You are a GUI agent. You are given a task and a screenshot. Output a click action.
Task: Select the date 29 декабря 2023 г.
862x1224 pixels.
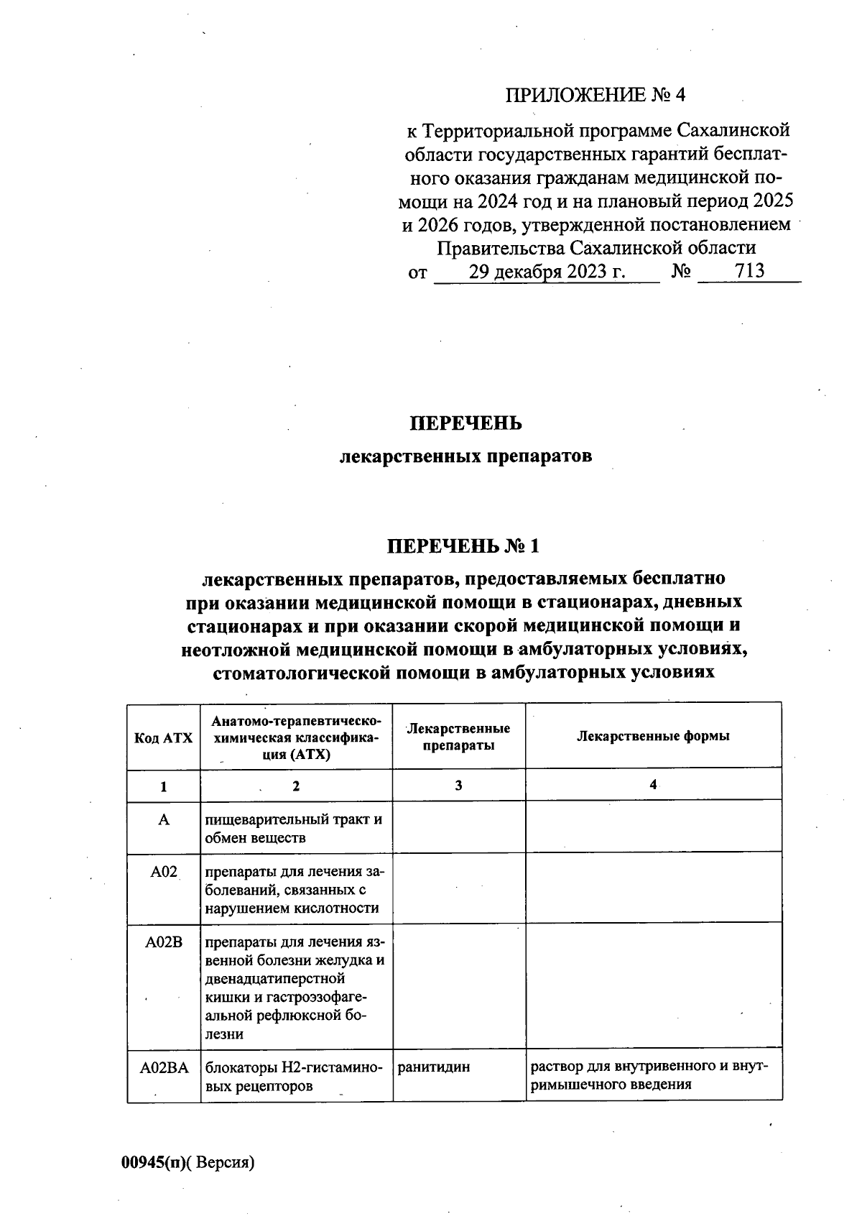(x=547, y=272)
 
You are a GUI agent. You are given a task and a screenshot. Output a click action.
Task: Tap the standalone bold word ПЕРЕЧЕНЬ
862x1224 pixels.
(x=465, y=424)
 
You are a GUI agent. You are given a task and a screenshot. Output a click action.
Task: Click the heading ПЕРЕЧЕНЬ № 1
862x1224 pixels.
(x=463, y=547)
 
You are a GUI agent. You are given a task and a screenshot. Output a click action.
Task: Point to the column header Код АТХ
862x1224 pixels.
(x=164, y=738)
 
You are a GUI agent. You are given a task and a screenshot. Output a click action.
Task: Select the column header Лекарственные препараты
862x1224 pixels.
(x=458, y=737)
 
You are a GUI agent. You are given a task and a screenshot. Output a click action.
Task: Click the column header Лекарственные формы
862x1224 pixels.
(x=653, y=736)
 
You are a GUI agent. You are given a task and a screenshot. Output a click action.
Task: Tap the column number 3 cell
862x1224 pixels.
(x=458, y=786)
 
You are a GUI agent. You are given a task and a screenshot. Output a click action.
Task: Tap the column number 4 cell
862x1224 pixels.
(x=653, y=785)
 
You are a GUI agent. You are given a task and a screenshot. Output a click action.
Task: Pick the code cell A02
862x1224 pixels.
(x=164, y=873)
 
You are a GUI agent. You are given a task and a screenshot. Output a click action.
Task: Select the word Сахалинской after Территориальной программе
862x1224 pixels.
(x=734, y=132)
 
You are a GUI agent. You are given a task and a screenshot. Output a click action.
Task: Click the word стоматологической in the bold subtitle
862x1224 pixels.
(x=302, y=673)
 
